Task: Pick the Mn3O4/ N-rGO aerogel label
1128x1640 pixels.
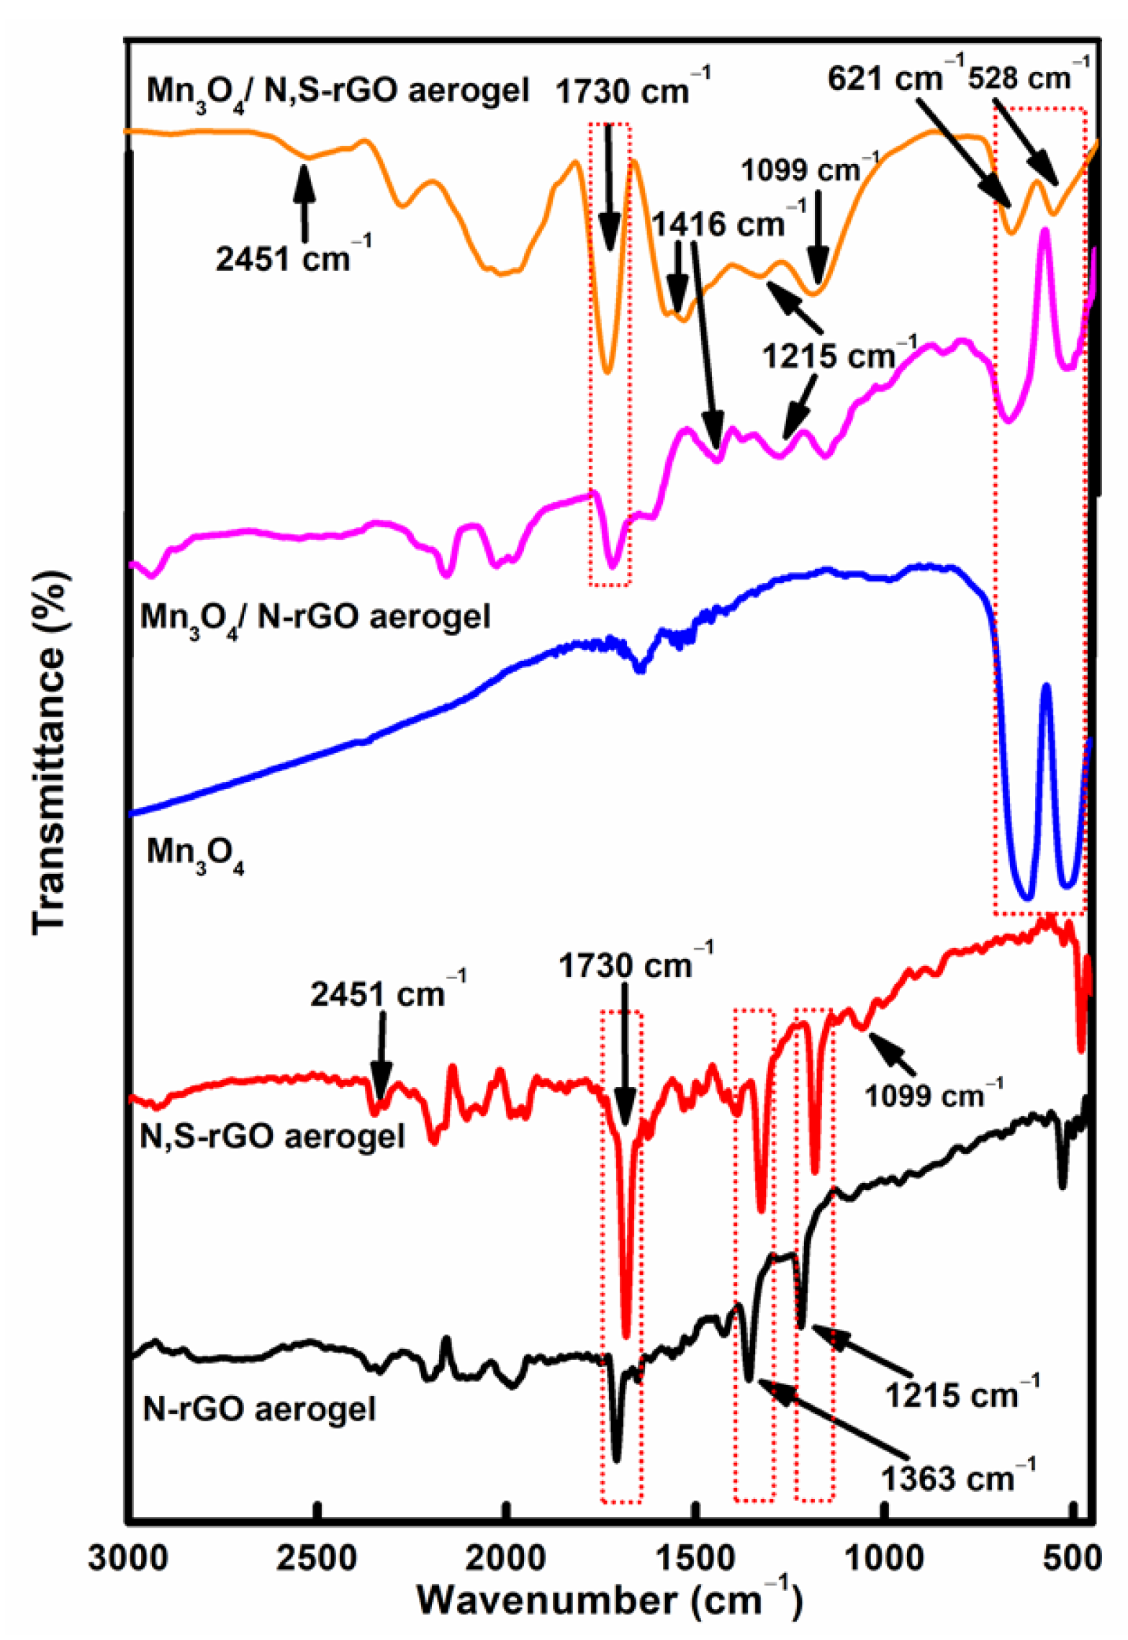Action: click(x=315, y=618)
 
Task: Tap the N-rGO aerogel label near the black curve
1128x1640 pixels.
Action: click(x=260, y=1409)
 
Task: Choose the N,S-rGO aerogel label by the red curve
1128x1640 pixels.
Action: click(x=272, y=1137)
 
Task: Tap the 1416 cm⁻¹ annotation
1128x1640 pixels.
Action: click(x=728, y=224)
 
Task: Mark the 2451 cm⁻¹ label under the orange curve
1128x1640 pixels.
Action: click(x=293, y=258)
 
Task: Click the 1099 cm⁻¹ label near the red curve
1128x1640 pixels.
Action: click(x=933, y=1095)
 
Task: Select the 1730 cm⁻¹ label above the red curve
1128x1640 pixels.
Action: click(x=635, y=965)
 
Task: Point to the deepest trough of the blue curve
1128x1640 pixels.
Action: click(x=1027, y=896)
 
